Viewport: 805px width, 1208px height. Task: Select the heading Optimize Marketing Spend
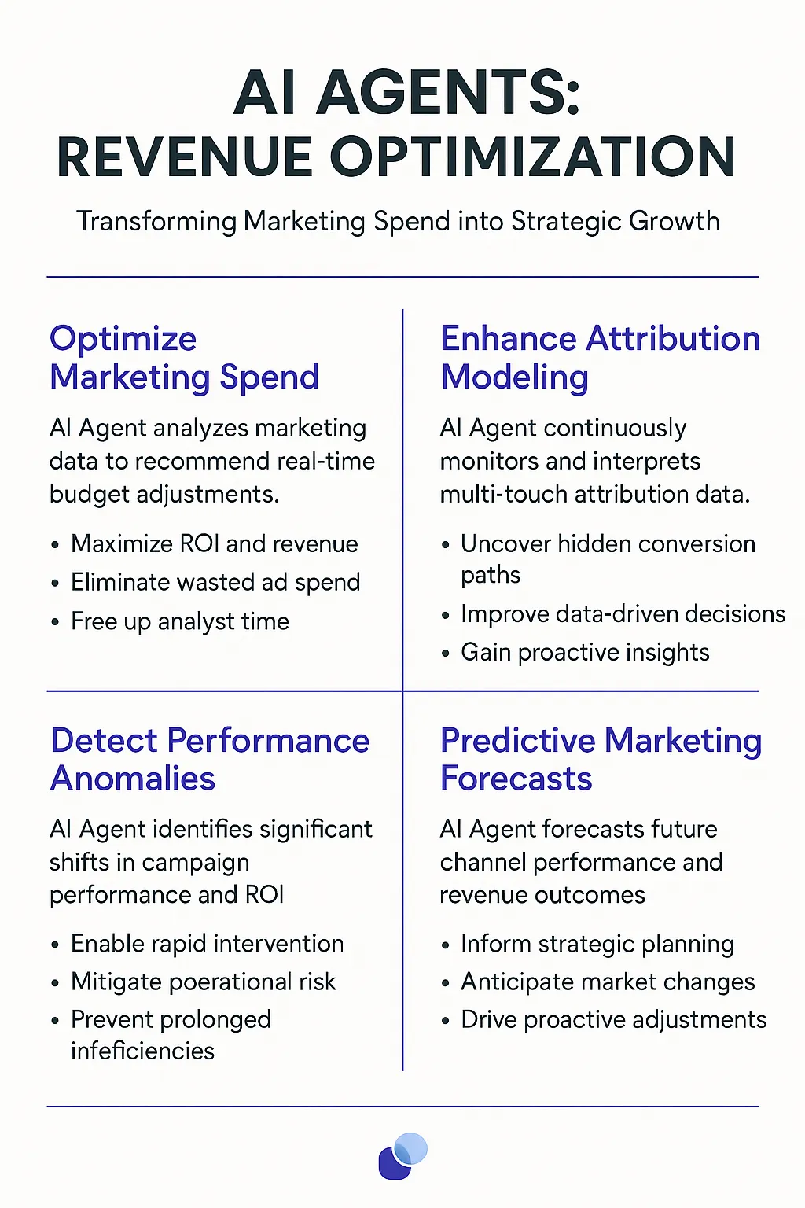click(185, 358)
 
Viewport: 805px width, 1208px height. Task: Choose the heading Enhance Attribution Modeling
click(601, 358)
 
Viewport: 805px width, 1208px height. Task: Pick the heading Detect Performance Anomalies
click(210, 759)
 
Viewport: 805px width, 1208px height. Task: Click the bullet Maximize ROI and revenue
click(215, 543)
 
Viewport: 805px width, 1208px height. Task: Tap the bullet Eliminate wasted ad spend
click(215, 583)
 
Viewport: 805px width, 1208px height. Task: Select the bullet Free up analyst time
click(180, 621)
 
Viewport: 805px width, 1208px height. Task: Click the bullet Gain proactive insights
click(585, 653)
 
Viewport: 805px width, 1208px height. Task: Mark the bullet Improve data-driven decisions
click(623, 614)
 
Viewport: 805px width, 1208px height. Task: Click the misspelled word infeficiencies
click(143, 1051)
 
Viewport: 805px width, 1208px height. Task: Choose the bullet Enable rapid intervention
click(208, 945)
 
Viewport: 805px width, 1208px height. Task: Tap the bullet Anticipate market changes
click(608, 982)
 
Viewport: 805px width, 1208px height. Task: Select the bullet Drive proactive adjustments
click(614, 1020)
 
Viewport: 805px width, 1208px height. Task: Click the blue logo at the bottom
click(402, 1155)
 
